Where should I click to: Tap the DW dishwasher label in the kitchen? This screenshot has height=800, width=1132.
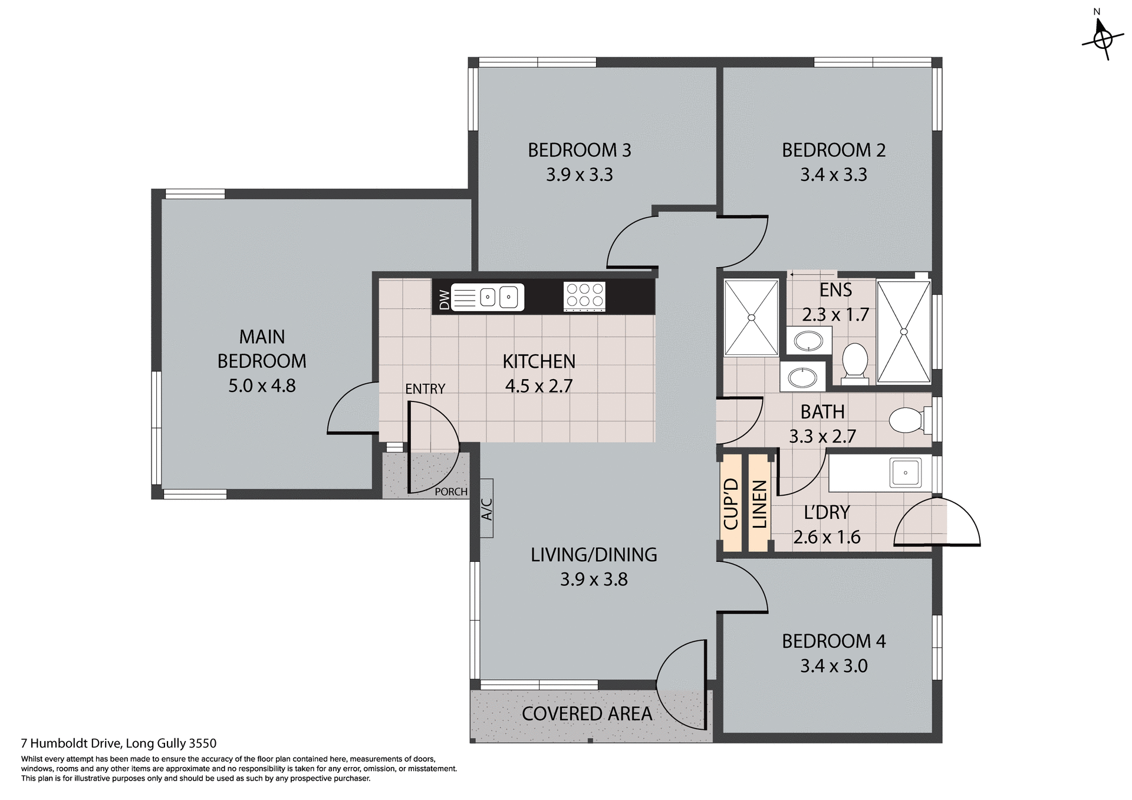click(x=445, y=299)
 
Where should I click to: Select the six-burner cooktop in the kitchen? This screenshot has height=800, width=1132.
click(x=584, y=297)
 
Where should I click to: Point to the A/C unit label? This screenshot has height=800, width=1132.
click(x=487, y=508)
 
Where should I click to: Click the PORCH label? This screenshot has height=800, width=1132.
click(x=450, y=492)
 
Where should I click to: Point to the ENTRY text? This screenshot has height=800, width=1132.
click(x=424, y=389)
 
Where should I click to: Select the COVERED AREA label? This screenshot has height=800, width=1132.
click(x=587, y=714)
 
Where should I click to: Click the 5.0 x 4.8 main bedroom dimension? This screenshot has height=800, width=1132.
click(x=262, y=386)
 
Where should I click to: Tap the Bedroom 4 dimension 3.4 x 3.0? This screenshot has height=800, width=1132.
click(x=833, y=666)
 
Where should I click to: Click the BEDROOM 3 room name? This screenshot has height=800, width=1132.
click(x=579, y=150)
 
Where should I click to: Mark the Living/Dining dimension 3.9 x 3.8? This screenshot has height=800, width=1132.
click(x=593, y=580)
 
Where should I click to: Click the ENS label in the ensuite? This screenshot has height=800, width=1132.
click(x=835, y=290)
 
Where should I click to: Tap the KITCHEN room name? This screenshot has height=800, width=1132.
click(x=538, y=361)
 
